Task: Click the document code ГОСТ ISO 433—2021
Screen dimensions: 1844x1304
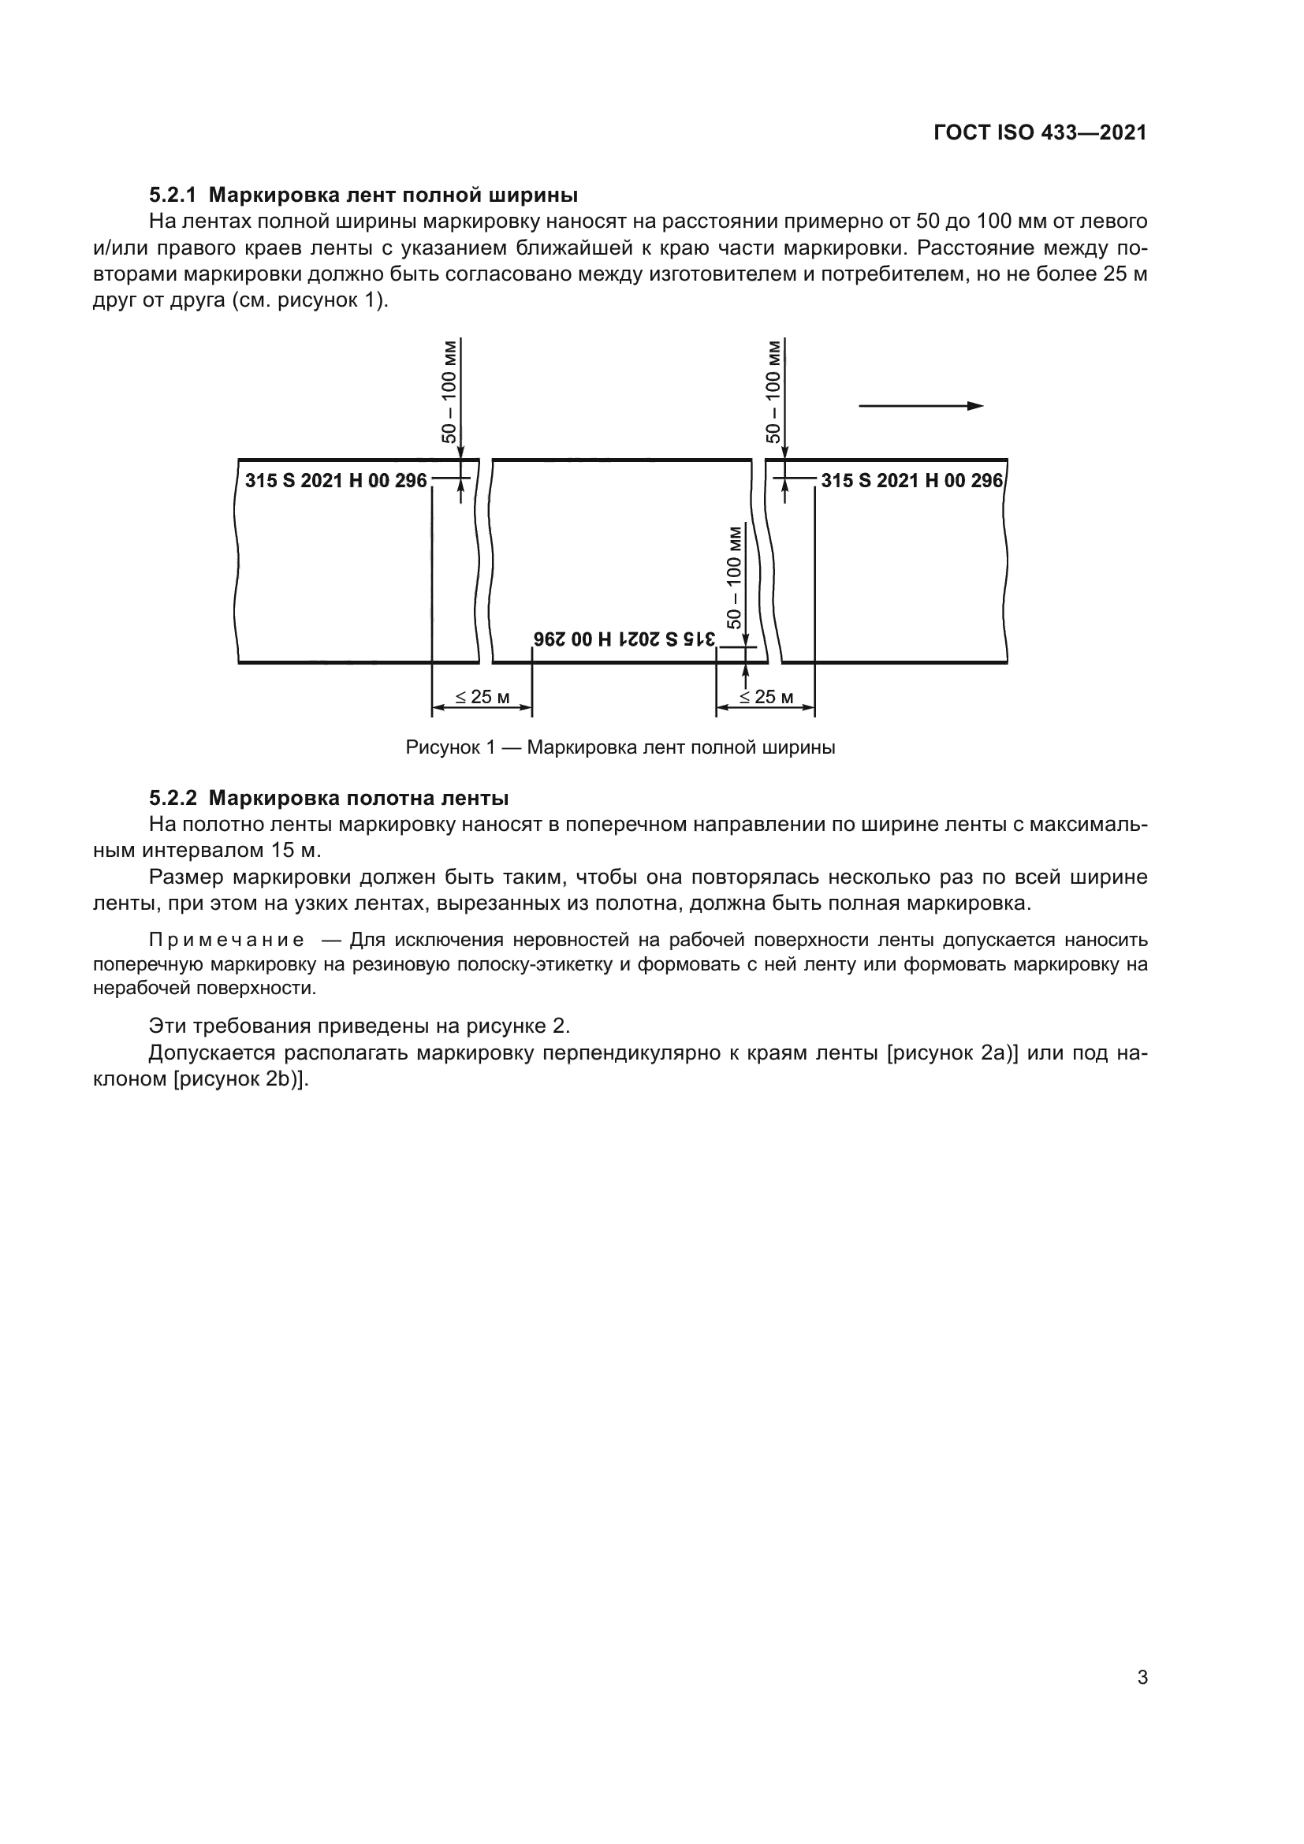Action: point(1040,132)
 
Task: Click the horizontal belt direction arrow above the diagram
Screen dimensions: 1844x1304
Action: point(920,405)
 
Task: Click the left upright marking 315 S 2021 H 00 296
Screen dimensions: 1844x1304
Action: point(336,480)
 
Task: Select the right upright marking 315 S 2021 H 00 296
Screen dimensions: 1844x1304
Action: point(911,480)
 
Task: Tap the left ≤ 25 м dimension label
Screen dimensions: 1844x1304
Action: point(482,696)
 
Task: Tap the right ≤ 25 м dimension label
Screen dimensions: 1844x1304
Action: point(766,696)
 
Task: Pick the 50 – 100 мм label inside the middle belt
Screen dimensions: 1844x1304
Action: point(734,576)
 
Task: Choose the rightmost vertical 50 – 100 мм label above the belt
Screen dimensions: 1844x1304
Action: point(773,392)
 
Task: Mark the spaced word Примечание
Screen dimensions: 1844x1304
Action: point(226,940)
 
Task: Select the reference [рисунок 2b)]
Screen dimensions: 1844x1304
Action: point(241,1078)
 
